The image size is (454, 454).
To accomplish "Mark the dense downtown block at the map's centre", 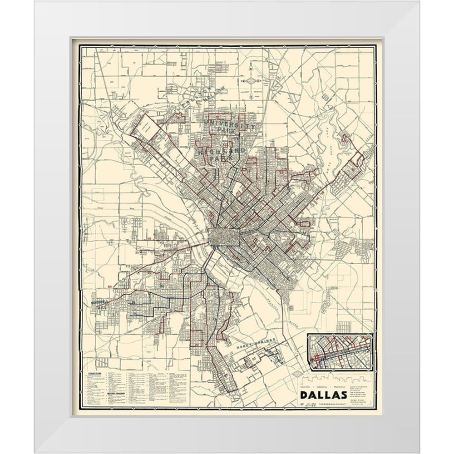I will tap(224, 237).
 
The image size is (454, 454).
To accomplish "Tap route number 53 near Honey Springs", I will tap(254, 359).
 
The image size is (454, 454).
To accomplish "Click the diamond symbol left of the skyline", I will tap(296, 373).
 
